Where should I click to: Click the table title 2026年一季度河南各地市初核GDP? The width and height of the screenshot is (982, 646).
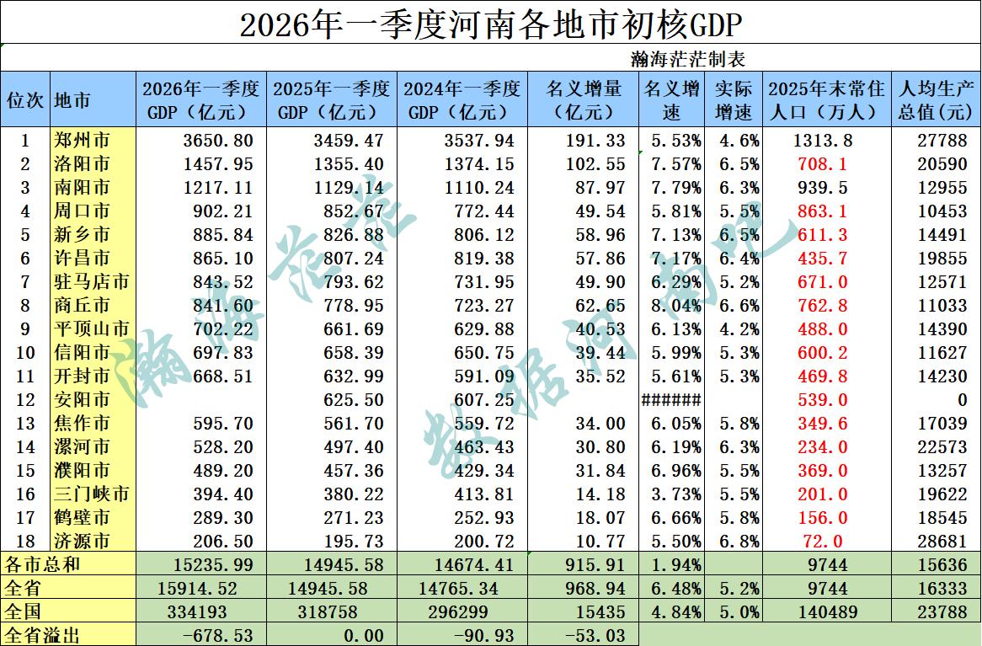pos(490,24)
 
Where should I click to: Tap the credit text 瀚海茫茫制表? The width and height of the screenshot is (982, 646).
pos(687,60)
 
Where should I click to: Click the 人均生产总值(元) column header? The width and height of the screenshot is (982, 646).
pos(935,99)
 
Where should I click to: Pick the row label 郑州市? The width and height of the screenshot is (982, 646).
pos(82,140)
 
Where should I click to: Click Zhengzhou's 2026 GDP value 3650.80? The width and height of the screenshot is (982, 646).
pos(217,140)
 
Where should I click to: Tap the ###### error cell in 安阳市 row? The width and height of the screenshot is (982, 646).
pos(670,400)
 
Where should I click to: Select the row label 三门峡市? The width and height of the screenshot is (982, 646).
pos(92,494)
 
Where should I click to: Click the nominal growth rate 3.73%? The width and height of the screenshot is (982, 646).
pos(670,494)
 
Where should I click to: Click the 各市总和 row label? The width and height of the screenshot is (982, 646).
pos(42,563)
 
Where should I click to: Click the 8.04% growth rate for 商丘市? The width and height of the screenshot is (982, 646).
pos(670,305)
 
